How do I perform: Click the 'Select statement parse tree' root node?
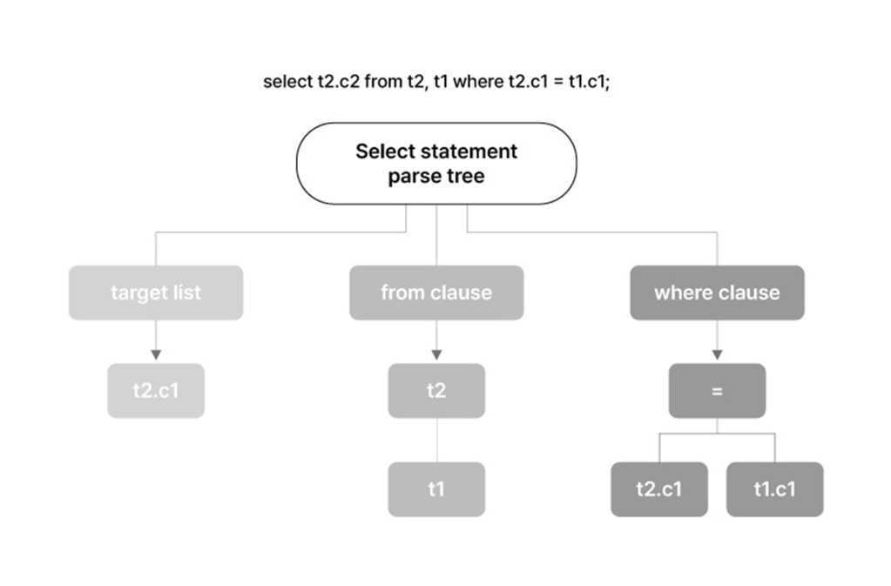pyautogui.click(x=436, y=164)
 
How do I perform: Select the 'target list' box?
pyautogui.click(x=156, y=293)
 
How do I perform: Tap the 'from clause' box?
pyautogui.click(x=436, y=293)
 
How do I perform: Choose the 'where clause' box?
pyautogui.click(x=717, y=293)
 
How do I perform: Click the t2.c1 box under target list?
pyautogui.click(x=156, y=391)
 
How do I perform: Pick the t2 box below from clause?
pyautogui.click(x=436, y=391)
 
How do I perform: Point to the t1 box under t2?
pyautogui.click(x=436, y=488)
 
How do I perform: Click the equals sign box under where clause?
pyautogui.click(x=717, y=391)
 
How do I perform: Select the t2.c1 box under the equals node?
pyautogui.click(x=659, y=488)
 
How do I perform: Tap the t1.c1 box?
pyautogui.click(x=774, y=488)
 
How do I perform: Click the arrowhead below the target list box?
pyautogui.click(x=156, y=355)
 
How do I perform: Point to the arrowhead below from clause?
pyautogui.click(x=436, y=355)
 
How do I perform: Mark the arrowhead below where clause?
pyautogui.click(x=717, y=355)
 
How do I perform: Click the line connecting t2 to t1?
pyautogui.click(x=436, y=440)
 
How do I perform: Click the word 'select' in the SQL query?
pyautogui.click(x=287, y=82)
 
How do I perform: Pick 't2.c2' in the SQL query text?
pyautogui.click(x=339, y=82)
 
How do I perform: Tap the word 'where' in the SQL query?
pyautogui.click(x=478, y=82)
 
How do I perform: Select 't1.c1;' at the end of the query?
pyautogui.click(x=590, y=82)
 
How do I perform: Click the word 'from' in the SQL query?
pyautogui.click(x=383, y=82)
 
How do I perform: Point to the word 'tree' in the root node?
pyautogui.click(x=464, y=176)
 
